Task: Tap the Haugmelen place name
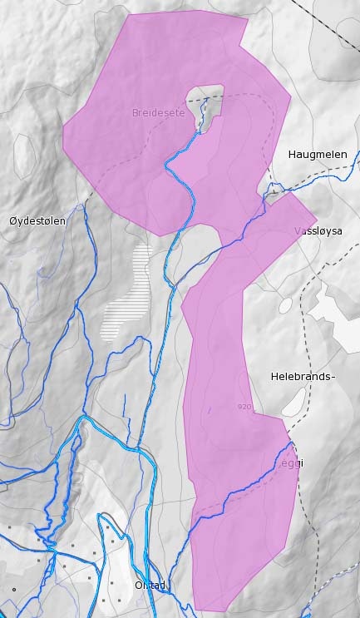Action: (x=316, y=155)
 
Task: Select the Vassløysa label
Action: (x=318, y=231)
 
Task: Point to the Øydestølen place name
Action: (x=37, y=220)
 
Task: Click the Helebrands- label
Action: (x=303, y=376)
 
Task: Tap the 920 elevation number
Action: (x=244, y=407)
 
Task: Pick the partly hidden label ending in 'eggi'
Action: (x=287, y=462)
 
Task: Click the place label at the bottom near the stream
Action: (x=150, y=585)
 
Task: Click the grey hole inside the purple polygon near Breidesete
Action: (x=205, y=104)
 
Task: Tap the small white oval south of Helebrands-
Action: (x=293, y=403)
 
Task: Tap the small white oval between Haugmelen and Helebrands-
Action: (x=285, y=305)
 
